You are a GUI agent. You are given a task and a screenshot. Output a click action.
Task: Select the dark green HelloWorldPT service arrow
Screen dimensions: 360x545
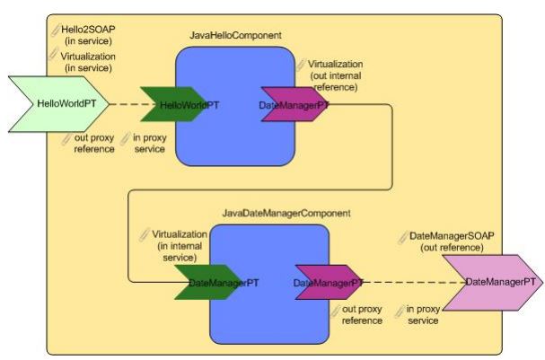coord(180,104)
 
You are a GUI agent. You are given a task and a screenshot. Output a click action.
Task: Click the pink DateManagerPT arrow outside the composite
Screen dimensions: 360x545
coord(492,282)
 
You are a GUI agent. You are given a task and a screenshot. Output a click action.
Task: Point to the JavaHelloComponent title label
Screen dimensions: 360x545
coord(236,35)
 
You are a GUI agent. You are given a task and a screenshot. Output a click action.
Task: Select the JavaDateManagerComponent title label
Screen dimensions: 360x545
coord(286,214)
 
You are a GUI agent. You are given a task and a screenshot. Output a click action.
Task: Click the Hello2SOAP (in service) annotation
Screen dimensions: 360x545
coord(88,35)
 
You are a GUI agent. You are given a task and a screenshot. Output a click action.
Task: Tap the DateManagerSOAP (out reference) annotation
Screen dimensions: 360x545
coord(453,241)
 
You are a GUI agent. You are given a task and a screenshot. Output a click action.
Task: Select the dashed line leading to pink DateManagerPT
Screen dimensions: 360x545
coord(413,283)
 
